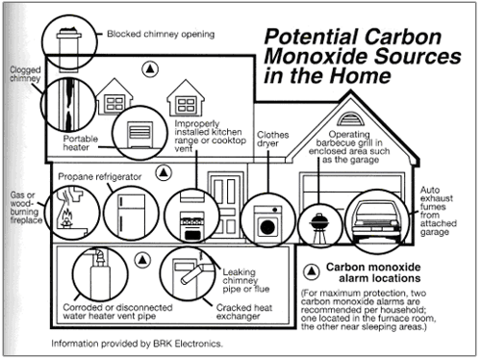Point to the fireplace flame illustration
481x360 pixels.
(x=68, y=214)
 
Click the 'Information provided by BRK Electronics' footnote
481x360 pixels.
(x=125, y=343)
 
